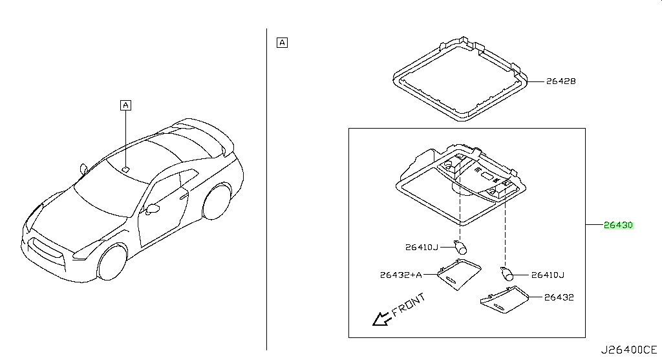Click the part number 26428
[561, 81]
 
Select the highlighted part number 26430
[619, 225]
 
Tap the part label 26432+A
[401, 275]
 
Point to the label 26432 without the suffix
[559, 297]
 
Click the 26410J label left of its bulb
[422, 248]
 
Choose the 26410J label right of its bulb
[548, 275]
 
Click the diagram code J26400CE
[629, 350]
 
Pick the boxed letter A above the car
[126, 105]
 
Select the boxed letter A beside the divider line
[282, 43]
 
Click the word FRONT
[409, 305]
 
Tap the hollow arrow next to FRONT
[381, 319]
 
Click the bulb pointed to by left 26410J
[460, 246]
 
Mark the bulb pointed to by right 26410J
[507, 273]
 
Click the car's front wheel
[112, 262]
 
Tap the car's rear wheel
[217, 202]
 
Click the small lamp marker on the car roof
[126, 170]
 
